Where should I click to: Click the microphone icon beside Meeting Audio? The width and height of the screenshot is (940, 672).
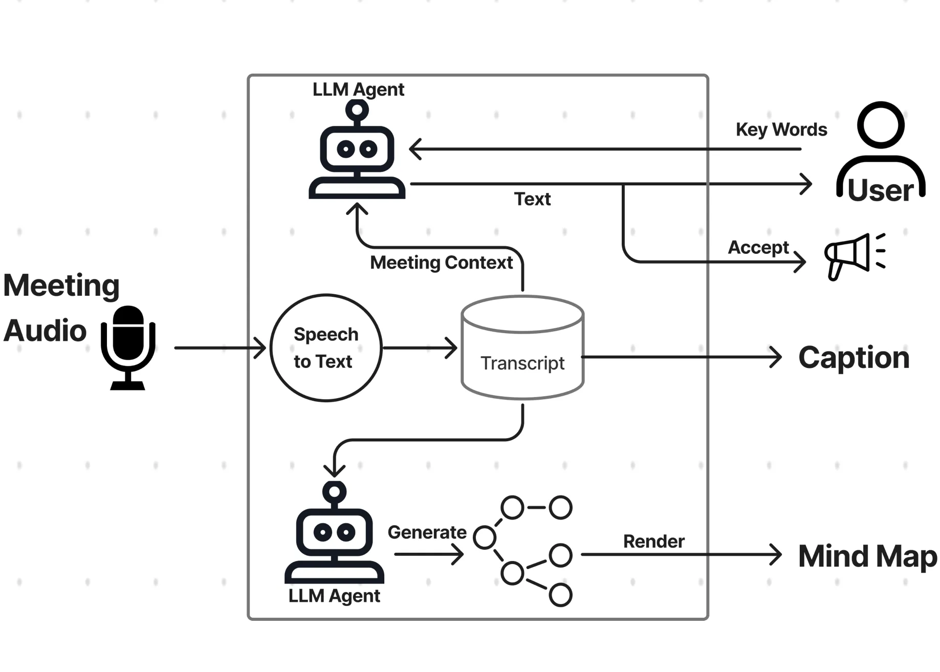coord(128,347)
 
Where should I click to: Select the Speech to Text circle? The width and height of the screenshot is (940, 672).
coord(326,348)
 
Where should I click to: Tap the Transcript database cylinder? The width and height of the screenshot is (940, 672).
coord(522,348)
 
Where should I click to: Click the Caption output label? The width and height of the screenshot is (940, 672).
coord(854,357)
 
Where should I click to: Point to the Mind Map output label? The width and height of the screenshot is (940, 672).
coord(867,556)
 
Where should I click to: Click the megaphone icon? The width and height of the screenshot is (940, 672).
coord(854,256)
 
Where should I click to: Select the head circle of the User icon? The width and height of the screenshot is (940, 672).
coord(881,125)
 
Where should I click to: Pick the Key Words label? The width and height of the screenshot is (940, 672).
coord(781,129)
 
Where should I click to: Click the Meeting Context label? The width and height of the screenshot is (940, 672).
coord(441,263)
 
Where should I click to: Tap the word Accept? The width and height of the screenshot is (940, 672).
coord(758,247)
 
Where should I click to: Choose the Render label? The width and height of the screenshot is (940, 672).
coord(653,541)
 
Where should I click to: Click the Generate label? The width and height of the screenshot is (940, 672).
coord(427,532)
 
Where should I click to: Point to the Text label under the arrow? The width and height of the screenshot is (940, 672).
coord(532,199)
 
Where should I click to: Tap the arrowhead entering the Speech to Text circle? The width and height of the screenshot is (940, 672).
coord(261,348)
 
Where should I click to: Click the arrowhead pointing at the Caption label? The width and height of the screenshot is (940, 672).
coord(777,357)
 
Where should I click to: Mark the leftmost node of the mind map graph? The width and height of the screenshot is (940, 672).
coord(484,537)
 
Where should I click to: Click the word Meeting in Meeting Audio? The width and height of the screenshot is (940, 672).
coord(61,285)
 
